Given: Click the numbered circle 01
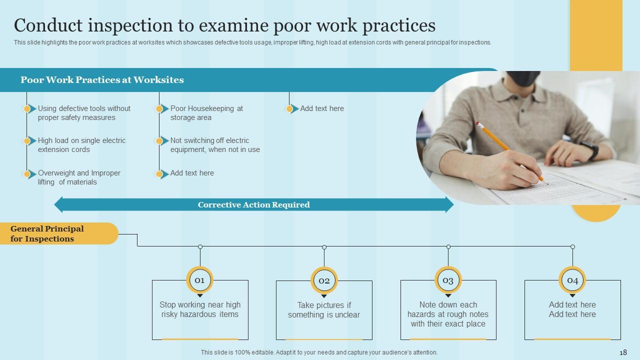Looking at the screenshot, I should click(x=199, y=280).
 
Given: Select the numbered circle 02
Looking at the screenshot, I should click(x=324, y=280).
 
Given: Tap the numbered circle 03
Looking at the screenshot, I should click(x=448, y=280).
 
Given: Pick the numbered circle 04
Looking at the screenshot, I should click(x=572, y=280).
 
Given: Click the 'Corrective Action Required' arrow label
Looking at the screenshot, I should click(x=253, y=204).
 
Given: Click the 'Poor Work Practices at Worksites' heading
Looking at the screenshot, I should click(x=102, y=80).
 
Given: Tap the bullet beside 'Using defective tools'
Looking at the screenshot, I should click(x=27, y=109).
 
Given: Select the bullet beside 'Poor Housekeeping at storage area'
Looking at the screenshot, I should click(x=159, y=109).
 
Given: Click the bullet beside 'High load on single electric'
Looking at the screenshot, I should click(x=27, y=141).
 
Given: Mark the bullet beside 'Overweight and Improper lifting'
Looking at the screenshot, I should click(x=27, y=174).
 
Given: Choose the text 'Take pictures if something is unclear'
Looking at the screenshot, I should click(x=324, y=310).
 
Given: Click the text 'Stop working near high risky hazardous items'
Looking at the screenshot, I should click(x=200, y=309).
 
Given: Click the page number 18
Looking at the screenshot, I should click(x=623, y=352).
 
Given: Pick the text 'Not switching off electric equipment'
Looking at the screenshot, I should click(x=215, y=145).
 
